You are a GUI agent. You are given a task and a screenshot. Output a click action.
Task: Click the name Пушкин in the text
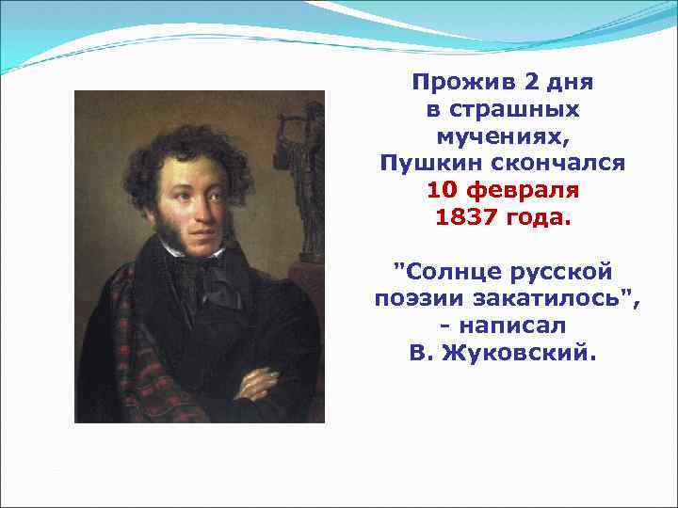coord(422,164)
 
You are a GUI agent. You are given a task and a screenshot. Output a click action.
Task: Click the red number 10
coord(442,191)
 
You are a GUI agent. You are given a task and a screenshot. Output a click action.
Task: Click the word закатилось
coord(544,300)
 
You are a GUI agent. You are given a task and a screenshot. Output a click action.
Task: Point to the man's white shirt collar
coord(179,246)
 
